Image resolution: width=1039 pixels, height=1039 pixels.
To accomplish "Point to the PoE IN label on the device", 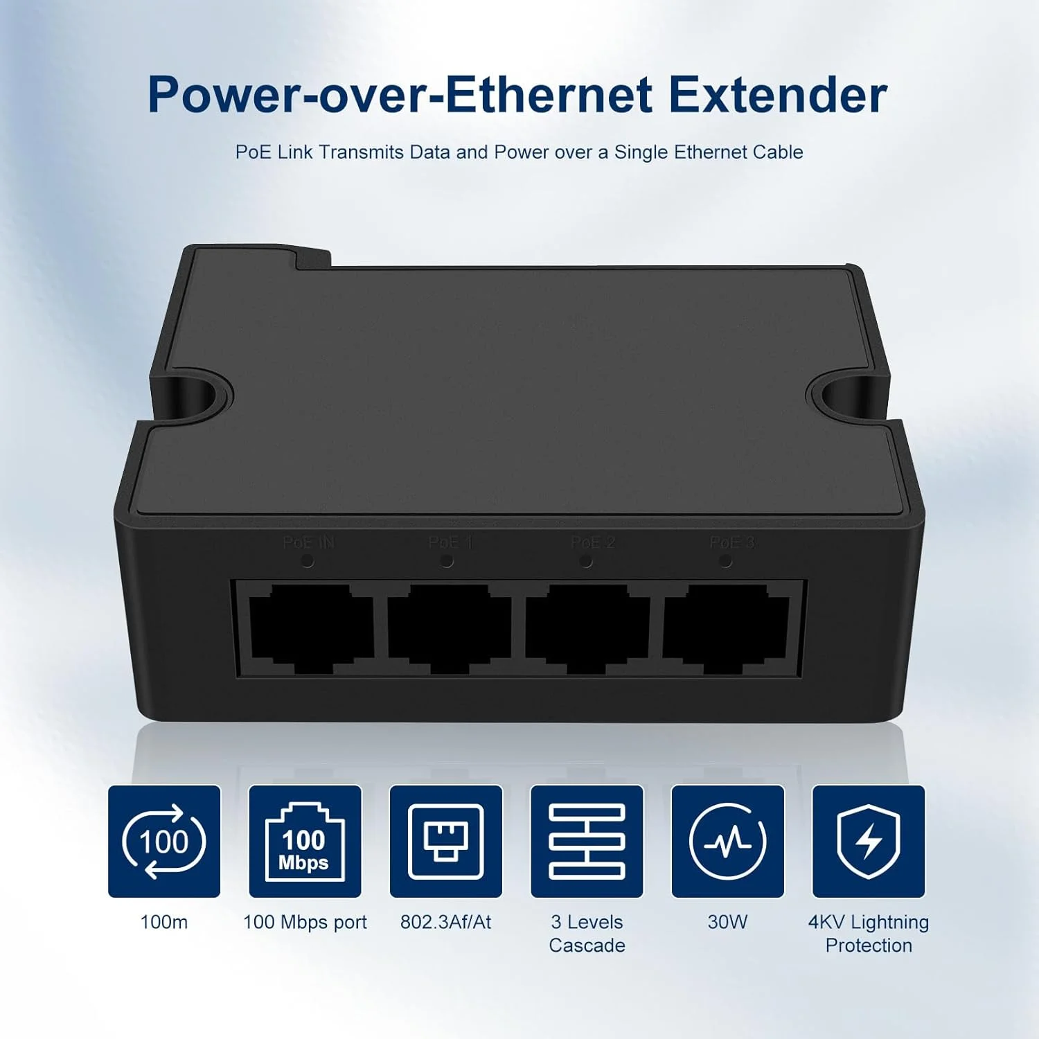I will click(x=309, y=542).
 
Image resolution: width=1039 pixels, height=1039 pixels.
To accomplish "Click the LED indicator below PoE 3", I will click(x=725, y=562).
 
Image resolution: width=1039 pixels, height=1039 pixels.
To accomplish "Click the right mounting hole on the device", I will click(x=840, y=394).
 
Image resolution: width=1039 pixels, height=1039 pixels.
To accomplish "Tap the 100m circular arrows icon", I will click(x=164, y=841).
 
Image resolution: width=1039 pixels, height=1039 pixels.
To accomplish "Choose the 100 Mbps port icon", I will click(x=305, y=841).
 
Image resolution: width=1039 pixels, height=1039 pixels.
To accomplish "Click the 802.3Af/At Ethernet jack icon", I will click(x=446, y=841).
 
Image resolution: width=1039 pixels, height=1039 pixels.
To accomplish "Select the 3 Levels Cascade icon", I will click(x=587, y=841).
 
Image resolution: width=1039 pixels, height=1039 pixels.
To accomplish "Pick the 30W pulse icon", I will click(x=727, y=841).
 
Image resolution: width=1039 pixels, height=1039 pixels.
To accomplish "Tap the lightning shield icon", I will click(x=869, y=841).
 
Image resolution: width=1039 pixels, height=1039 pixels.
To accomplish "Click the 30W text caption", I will click(x=727, y=922).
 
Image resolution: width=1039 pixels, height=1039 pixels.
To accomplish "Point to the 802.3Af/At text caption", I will click(x=446, y=922).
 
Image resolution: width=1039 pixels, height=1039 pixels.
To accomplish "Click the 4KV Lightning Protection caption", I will click(x=869, y=933).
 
